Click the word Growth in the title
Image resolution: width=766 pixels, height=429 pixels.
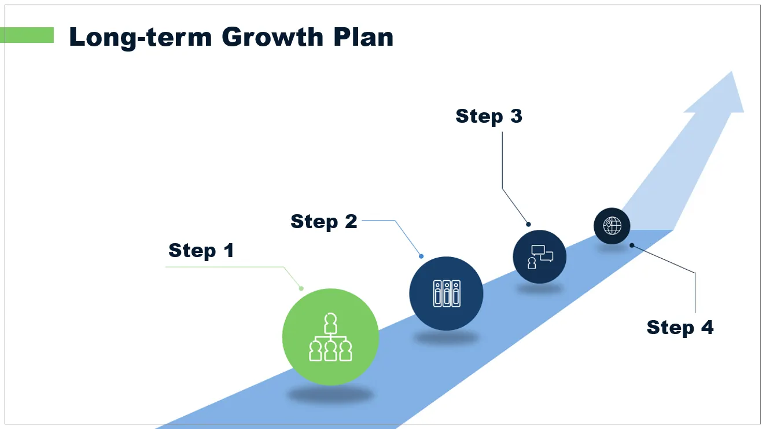tap(271, 38)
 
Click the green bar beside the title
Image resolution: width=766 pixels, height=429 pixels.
tap(27, 35)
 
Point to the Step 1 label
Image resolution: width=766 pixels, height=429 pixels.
tap(201, 251)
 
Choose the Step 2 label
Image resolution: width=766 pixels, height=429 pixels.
tap(324, 222)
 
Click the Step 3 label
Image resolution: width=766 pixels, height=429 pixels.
tap(489, 116)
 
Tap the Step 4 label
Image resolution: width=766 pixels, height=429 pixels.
tap(680, 328)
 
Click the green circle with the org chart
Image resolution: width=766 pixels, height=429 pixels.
tap(330, 337)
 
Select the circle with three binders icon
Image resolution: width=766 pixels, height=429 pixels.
tap(446, 294)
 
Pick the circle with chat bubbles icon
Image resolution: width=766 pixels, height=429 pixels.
tap(539, 257)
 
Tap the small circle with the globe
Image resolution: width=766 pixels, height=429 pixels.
tap(612, 225)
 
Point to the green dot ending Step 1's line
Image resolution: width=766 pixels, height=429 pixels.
tap(301, 288)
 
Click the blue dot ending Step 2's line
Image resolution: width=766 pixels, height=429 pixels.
tap(421, 256)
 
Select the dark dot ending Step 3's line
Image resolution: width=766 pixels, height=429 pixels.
tap(528, 224)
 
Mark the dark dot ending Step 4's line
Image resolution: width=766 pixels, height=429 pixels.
tap(632, 245)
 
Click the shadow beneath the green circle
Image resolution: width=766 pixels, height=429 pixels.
tap(330, 395)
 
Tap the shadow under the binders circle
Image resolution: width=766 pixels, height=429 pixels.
tap(446, 338)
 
